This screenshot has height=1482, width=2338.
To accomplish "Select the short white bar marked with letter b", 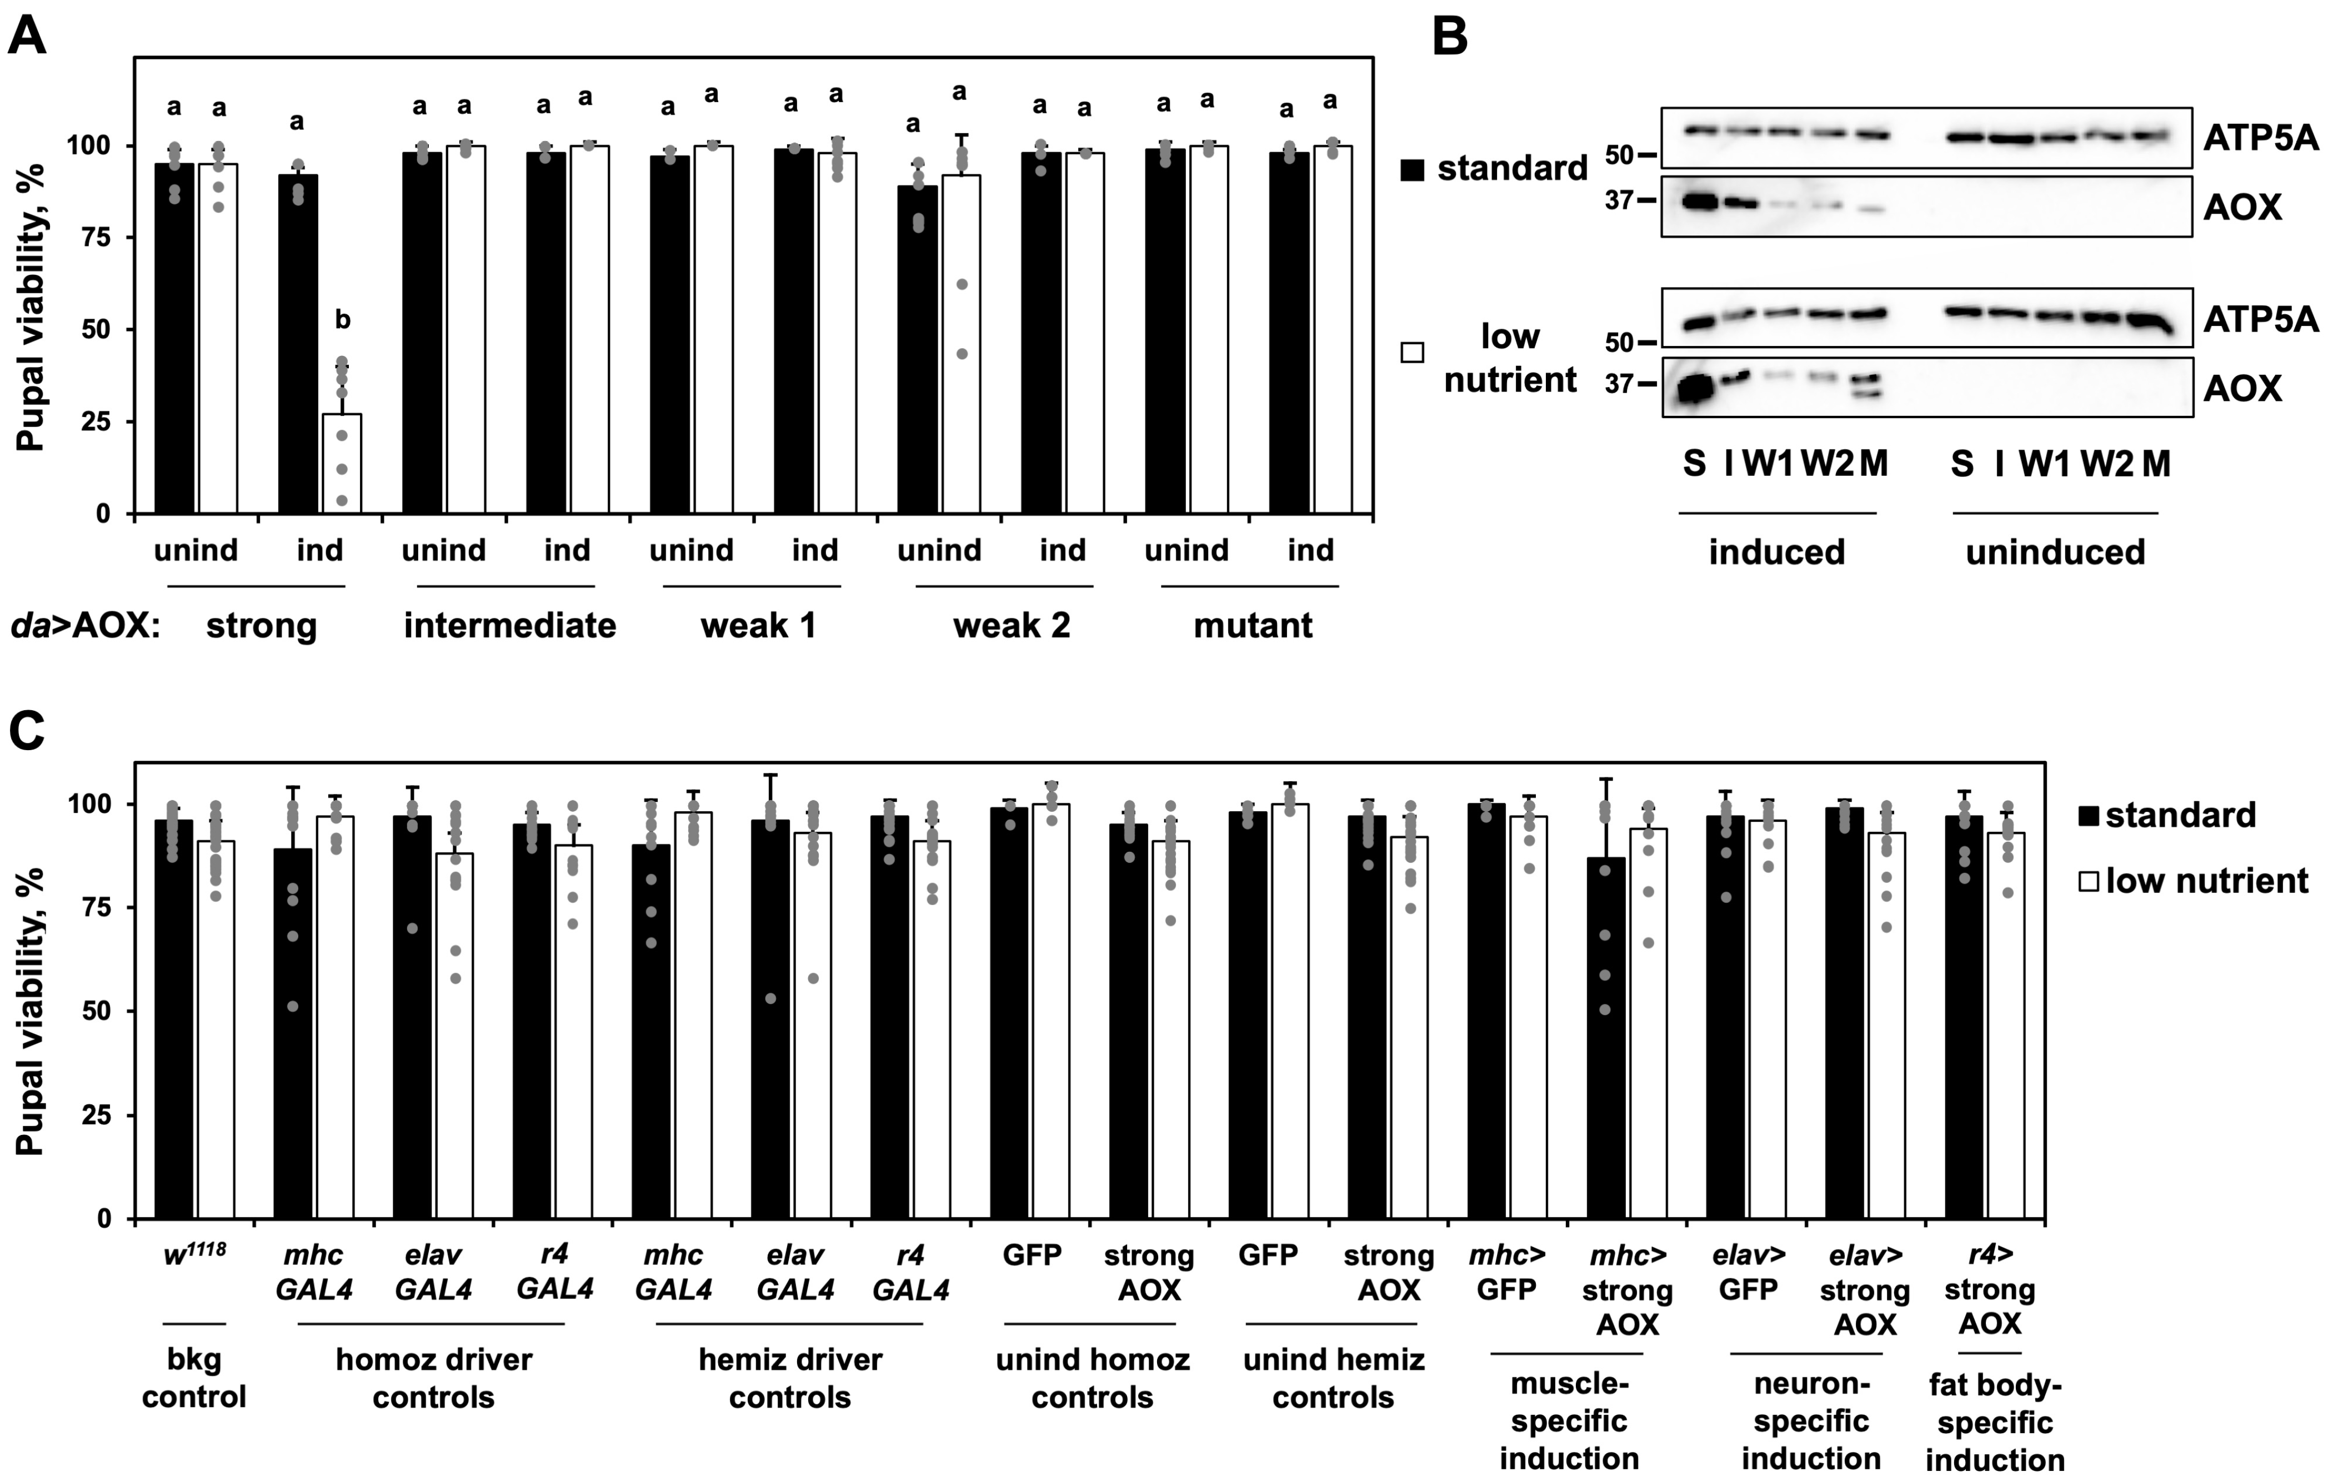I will tap(342, 463).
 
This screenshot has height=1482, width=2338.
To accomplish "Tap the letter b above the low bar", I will tap(342, 320).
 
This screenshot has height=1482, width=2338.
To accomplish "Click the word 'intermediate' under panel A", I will tap(510, 626).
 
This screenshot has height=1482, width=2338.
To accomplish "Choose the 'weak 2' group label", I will tap(1012, 626).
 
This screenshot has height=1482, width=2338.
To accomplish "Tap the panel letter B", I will tap(1450, 37).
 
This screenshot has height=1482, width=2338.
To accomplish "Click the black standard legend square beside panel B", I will tap(1413, 170).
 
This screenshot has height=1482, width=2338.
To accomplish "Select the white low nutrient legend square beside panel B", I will tap(1413, 352).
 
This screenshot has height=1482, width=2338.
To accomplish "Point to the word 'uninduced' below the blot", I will tap(2055, 552).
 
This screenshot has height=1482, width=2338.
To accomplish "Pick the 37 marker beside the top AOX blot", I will tap(1620, 201).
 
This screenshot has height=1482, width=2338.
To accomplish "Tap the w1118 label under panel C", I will tap(194, 1253).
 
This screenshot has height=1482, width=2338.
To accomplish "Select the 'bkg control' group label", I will tap(194, 1378).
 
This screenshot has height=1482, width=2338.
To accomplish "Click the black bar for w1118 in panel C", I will tap(174, 1019).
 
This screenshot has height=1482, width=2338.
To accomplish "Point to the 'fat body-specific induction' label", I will tap(1994, 1422).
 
